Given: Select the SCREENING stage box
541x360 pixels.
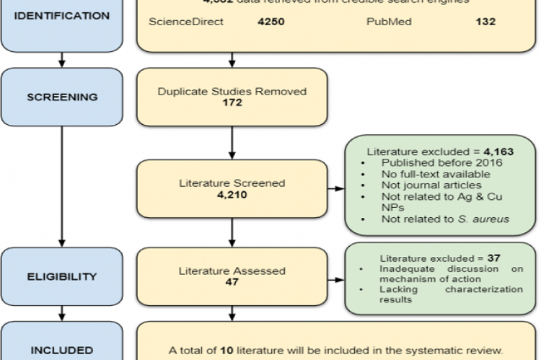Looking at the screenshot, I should pos(61,96).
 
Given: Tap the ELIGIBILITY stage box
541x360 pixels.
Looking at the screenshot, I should pos(61,276).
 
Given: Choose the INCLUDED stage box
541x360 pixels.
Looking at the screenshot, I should pos(61,346).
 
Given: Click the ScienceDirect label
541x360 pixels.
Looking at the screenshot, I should pos(186,22).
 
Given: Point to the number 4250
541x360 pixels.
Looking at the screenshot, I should pos(271,22).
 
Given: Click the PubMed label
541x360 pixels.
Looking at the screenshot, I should pos(389,22).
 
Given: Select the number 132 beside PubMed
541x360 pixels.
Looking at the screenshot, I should pos(485,22).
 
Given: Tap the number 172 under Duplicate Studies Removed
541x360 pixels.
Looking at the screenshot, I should pos(232,103).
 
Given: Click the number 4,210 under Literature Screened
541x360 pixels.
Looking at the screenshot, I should pos(232,194).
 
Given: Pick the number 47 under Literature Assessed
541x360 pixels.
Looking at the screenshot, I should pos(232,283).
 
